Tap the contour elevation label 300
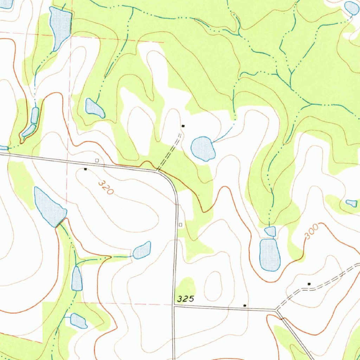pos(311,232)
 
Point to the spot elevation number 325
pos(186,299)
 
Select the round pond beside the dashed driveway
pos(203,148)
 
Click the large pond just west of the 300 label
pos(270,255)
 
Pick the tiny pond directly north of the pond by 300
pos(270,231)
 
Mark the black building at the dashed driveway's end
pos(182,126)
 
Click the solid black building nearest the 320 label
pos(85,169)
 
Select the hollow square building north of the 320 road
pos(97,160)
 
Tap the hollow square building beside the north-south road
pos(180,224)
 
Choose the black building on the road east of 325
pos(245,306)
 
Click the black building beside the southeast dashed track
pos(309,283)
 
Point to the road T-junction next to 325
pos(174,306)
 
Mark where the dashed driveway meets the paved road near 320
pos(158,171)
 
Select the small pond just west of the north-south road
pos(142,250)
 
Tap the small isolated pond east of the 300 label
pos(352,203)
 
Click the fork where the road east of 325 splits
pos(276,310)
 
